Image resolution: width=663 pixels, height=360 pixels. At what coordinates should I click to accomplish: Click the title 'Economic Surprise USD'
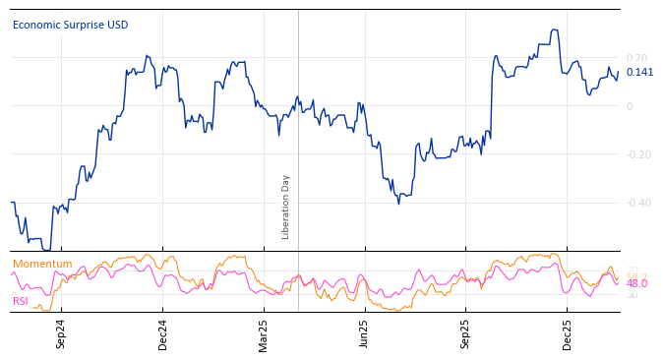(x=70, y=26)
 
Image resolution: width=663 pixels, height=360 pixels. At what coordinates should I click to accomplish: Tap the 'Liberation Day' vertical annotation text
(x=286, y=207)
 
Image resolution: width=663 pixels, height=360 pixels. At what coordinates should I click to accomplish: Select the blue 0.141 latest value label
(x=639, y=73)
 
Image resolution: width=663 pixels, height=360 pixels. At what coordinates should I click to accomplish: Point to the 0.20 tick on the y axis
(x=636, y=59)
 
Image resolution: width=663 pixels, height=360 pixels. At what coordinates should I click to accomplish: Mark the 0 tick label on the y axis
(x=631, y=106)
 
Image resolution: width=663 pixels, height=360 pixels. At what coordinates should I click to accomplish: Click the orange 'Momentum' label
(x=42, y=265)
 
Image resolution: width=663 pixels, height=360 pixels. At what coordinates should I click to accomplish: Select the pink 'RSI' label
(x=21, y=301)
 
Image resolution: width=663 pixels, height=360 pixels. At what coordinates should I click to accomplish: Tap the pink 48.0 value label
(x=637, y=284)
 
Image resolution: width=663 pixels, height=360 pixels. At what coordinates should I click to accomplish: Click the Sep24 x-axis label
(x=61, y=334)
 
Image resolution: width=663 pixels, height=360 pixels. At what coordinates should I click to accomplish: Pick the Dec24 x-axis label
(x=163, y=334)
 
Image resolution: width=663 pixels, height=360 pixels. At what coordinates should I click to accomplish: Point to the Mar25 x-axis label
(x=264, y=334)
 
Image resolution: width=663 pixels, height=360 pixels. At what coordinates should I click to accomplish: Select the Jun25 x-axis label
(x=364, y=334)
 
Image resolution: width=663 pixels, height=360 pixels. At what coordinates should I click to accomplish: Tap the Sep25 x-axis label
(x=465, y=334)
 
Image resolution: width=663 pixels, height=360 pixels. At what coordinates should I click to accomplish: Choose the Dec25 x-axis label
(x=567, y=334)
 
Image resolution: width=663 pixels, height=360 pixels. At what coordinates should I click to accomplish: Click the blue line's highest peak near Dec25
(x=555, y=30)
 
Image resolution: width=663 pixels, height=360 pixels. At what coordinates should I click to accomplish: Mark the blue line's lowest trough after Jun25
(x=398, y=203)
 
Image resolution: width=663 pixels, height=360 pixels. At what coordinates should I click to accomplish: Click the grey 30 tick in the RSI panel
(x=632, y=295)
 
